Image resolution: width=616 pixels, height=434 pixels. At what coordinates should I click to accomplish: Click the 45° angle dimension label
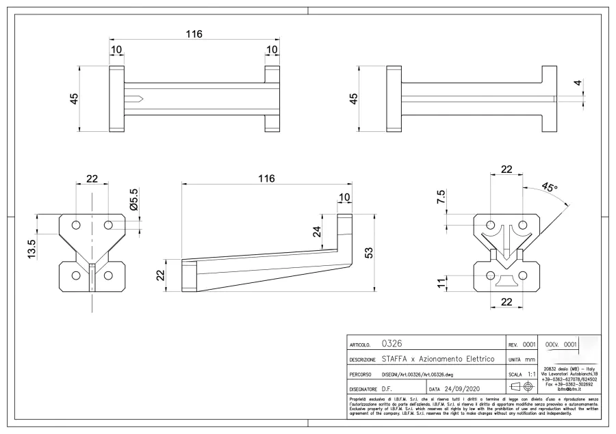(549, 187)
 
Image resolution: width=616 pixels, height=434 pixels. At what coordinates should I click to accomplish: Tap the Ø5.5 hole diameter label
(133, 199)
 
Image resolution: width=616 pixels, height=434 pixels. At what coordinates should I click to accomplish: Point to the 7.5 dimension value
(441, 198)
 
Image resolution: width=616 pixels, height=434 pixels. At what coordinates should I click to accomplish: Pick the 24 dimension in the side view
(317, 232)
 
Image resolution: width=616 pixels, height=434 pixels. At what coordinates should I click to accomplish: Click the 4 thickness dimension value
(578, 84)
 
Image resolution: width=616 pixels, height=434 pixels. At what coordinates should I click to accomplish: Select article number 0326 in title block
(391, 344)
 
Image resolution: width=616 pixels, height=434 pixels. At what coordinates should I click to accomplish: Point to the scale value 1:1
(531, 374)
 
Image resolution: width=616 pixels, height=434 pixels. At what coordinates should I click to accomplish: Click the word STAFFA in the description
(398, 360)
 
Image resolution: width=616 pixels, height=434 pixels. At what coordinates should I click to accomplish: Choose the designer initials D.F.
(387, 389)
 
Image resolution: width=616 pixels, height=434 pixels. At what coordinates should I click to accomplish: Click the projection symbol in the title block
(522, 388)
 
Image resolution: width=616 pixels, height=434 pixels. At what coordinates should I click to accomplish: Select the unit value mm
(530, 359)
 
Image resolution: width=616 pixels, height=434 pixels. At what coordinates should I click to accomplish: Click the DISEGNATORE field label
(363, 390)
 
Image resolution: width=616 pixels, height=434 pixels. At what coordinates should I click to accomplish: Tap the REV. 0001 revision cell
(522, 344)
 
